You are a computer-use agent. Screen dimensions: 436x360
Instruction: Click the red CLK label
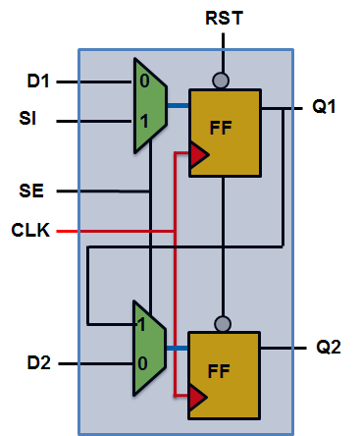(x=29, y=231)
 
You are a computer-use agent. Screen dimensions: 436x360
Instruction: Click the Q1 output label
(x=325, y=107)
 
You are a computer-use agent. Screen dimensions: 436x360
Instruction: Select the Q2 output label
(x=329, y=347)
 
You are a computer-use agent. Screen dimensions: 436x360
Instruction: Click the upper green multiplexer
(x=150, y=102)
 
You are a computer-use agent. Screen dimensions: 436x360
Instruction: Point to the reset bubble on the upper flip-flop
(x=225, y=81)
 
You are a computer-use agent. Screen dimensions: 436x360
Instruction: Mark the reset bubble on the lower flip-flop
(x=225, y=322)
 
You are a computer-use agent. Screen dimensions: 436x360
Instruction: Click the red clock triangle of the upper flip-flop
(x=197, y=154)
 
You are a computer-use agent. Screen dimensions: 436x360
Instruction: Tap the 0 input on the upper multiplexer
(x=143, y=81)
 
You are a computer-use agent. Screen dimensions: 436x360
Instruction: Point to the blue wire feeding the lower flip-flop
(x=178, y=347)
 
